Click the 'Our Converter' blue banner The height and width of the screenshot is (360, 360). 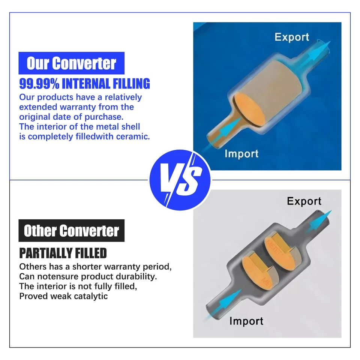pos(71,63)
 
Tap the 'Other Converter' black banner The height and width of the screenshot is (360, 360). pos(71,231)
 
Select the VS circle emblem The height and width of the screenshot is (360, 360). pos(180,180)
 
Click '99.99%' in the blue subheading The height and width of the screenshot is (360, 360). pos(39,84)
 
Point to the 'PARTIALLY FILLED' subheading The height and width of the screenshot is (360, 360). pos(63,253)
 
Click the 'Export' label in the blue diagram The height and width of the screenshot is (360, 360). pos(292,37)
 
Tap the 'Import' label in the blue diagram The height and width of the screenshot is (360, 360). pos(241,154)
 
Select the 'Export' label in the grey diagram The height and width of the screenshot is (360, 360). pos(304,201)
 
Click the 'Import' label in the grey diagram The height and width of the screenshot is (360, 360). pos(246,321)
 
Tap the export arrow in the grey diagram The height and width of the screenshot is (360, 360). pos(319,221)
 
